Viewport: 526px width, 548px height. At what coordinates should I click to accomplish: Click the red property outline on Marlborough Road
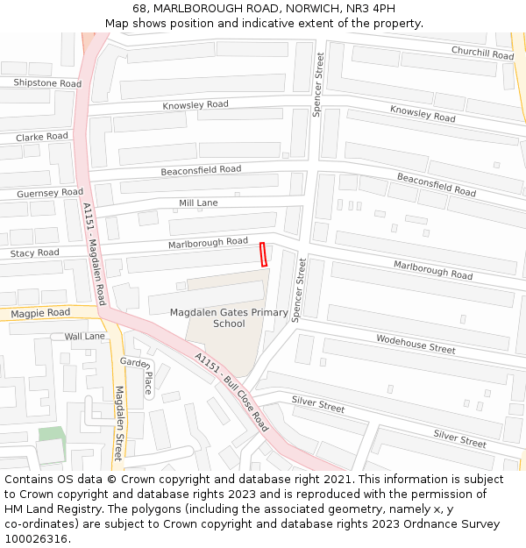pyautogui.click(x=263, y=253)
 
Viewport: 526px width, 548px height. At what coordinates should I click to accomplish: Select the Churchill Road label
pyautogui.click(x=482, y=53)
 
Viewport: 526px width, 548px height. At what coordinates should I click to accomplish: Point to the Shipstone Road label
pyautogui.click(x=47, y=83)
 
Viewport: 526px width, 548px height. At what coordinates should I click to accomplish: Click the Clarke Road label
pyautogui.click(x=42, y=137)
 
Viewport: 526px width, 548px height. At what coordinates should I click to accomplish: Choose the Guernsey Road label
pyautogui.click(x=50, y=193)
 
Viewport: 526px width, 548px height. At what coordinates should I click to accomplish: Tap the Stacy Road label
pyautogui.click(x=35, y=253)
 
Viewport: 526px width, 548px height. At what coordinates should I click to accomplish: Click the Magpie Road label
pyautogui.click(x=40, y=313)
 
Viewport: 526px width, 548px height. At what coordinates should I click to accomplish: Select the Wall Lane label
pyautogui.click(x=84, y=336)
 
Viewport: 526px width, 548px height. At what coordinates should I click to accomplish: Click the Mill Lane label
pyautogui.click(x=198, y=203)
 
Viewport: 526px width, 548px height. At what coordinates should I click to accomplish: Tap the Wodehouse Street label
pyautogui.click(x=416, y=344)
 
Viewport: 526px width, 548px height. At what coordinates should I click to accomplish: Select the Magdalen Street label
pyautogui.click(x=118, y=423)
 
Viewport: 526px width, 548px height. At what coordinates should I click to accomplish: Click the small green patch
pyautogui.click(x=51, y=434)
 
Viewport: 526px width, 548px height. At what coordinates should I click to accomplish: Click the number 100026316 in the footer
pyautogui.click(x=38, y=538)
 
